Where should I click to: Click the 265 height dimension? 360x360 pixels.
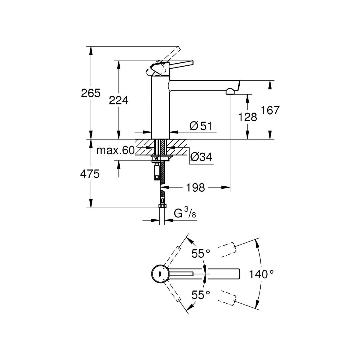tap(90, 93)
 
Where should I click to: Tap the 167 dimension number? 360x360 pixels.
tap(270, 110)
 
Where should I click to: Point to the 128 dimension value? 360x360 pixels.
tap(248, 117)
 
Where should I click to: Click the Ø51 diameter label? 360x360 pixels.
tap(200, 126)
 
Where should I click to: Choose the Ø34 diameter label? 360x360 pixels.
tap(201, 157)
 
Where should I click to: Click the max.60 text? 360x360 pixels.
tap(115, 151)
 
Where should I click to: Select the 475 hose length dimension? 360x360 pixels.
tap(90, 174)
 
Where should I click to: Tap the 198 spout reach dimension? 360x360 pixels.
tap(195, 188)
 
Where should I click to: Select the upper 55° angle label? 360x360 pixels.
tap(201, 254)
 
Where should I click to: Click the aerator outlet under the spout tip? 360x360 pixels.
tap(230, 91)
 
